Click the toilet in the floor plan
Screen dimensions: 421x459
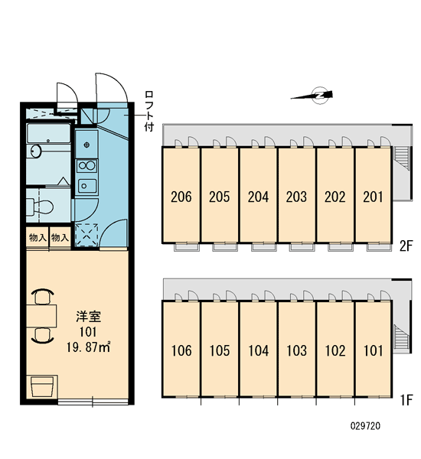click(x=41, y=207)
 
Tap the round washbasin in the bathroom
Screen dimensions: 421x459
click(x=36, y=151)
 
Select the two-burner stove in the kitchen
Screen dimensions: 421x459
click(x=86, y=166)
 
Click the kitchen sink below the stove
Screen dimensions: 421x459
click(x=87, y=186)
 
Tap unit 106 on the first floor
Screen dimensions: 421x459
click(x=181, y=350)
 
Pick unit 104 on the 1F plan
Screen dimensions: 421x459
click(x=258, y=350)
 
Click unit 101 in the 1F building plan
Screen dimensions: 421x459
click(x=373, y=350)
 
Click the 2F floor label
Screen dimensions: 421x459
click(x=406, y=246)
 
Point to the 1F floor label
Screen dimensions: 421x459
click(x=406, y=400)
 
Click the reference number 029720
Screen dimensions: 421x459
click(x=365, y=425)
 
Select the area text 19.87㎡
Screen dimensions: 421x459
click(x=88, y=347)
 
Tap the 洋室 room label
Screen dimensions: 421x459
click(x=88, y=317)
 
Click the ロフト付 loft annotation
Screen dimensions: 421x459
click(x=148, y=111)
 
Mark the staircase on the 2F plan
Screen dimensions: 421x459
click(x=401, y=158)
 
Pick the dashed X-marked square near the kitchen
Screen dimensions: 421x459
click(x=86, y=235)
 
